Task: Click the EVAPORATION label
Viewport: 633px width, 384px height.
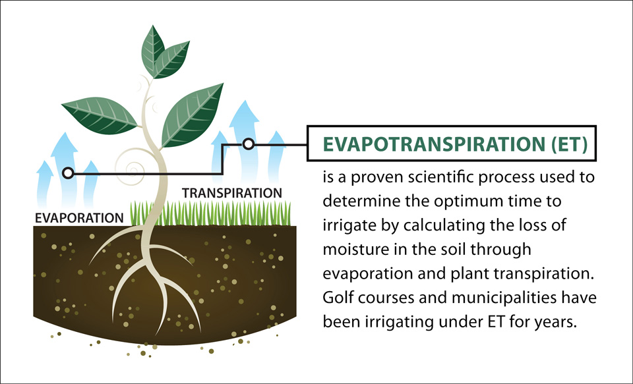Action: tap(79, 218)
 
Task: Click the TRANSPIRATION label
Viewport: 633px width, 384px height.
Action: tap(231, 193)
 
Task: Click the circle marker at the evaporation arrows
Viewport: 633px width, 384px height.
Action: tap(68, 173)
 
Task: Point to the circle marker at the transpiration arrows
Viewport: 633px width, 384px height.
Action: tap(249, 144)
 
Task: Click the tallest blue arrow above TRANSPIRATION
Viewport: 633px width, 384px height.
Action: tap(244, 141)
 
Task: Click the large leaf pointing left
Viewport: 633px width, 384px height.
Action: tap(100, 115)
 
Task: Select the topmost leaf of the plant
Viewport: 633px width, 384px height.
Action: tap(153, 49)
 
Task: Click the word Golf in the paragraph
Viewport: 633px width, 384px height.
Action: tap(337, 298)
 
